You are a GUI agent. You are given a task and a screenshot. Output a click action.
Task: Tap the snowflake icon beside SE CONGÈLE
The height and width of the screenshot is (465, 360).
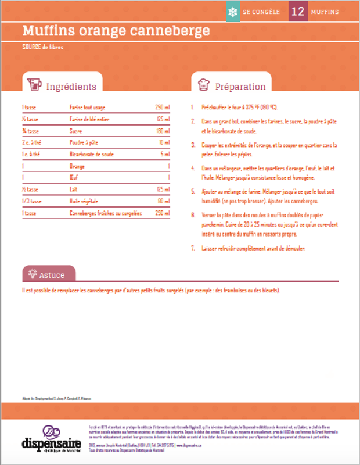click(232, 12)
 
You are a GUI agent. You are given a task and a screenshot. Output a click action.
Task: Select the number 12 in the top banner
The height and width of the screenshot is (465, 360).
click(298, 12)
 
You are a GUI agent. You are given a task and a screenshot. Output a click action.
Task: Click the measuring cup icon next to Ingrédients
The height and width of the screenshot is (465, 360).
click(34, 85)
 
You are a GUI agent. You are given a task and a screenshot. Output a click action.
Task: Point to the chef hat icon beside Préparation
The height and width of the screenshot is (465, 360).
click(203, 85)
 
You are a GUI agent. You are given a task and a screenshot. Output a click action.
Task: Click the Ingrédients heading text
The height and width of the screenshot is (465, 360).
click(71, 87)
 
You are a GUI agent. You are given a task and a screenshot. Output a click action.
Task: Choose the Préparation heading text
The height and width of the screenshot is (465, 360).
click(240, 87)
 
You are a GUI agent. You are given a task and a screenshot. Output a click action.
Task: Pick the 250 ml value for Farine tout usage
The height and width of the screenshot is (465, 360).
click(162, 108)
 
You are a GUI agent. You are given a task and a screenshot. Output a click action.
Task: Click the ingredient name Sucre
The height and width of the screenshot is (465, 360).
click(75, 131)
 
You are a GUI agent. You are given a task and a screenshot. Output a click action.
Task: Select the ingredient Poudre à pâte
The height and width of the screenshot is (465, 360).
click(84, 142)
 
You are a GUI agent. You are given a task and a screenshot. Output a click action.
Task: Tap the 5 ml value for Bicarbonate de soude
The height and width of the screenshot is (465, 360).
click(165, 155)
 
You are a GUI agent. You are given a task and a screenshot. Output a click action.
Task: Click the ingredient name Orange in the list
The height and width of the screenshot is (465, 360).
click(77, 166)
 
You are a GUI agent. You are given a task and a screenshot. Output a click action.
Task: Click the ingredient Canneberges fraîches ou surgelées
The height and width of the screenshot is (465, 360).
click(106, 213)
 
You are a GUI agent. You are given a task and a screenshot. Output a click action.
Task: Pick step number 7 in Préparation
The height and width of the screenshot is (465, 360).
click(193, 248)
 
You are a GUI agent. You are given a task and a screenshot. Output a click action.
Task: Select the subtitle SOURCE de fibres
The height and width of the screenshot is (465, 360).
click(42, 46)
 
